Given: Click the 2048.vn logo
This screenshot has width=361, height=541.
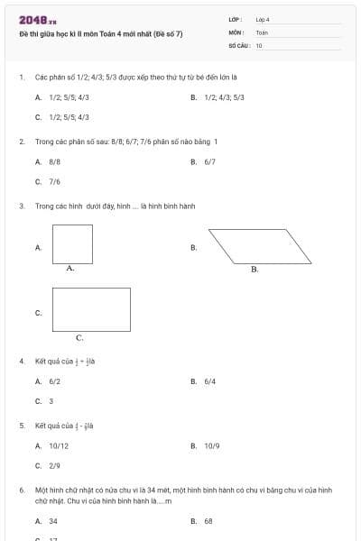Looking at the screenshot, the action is pyautogui.click(x=37, y=20).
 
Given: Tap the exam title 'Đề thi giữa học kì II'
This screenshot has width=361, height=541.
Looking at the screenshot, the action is pyautogui.click(x=100, y=33).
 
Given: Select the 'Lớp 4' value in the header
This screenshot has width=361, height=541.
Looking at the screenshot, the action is pyautogui.click(x=263, y=19).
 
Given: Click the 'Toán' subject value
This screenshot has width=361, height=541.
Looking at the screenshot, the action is pyautogui.click(x=262, y=32).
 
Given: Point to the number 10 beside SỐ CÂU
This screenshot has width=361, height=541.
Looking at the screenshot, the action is pyautogui.click(x=259, y=44).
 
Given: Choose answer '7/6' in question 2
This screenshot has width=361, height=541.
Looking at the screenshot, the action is pyautogui.click(x=55, y=181).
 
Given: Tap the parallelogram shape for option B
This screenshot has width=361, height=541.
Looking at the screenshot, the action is pyautogui.click(x=259, y=246).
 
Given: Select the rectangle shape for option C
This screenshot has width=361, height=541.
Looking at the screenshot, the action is pyautogui.click(x=91, y=309).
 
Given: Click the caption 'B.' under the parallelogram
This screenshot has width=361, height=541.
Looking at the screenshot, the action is pyautogui.click(x=255, y=270).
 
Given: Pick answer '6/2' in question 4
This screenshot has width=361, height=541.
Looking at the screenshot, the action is pyautogui.click(x=55, y=381).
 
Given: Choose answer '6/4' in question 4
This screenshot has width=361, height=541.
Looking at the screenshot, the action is pyautogui.click(x=210, y=381).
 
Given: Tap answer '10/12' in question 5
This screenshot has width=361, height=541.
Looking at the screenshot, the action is pyautogui.click(x=59, y=445).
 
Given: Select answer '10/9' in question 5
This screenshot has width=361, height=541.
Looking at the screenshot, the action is pyautogui.click(x=212, y=445).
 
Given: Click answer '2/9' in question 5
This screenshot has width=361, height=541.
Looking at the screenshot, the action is pyautogui.click(x=55, y=465).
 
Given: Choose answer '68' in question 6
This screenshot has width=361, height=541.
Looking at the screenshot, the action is pyautogui.click(x=208, y=520).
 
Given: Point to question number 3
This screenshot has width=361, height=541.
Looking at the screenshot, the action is pyautogui.click(x=22, y=206).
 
